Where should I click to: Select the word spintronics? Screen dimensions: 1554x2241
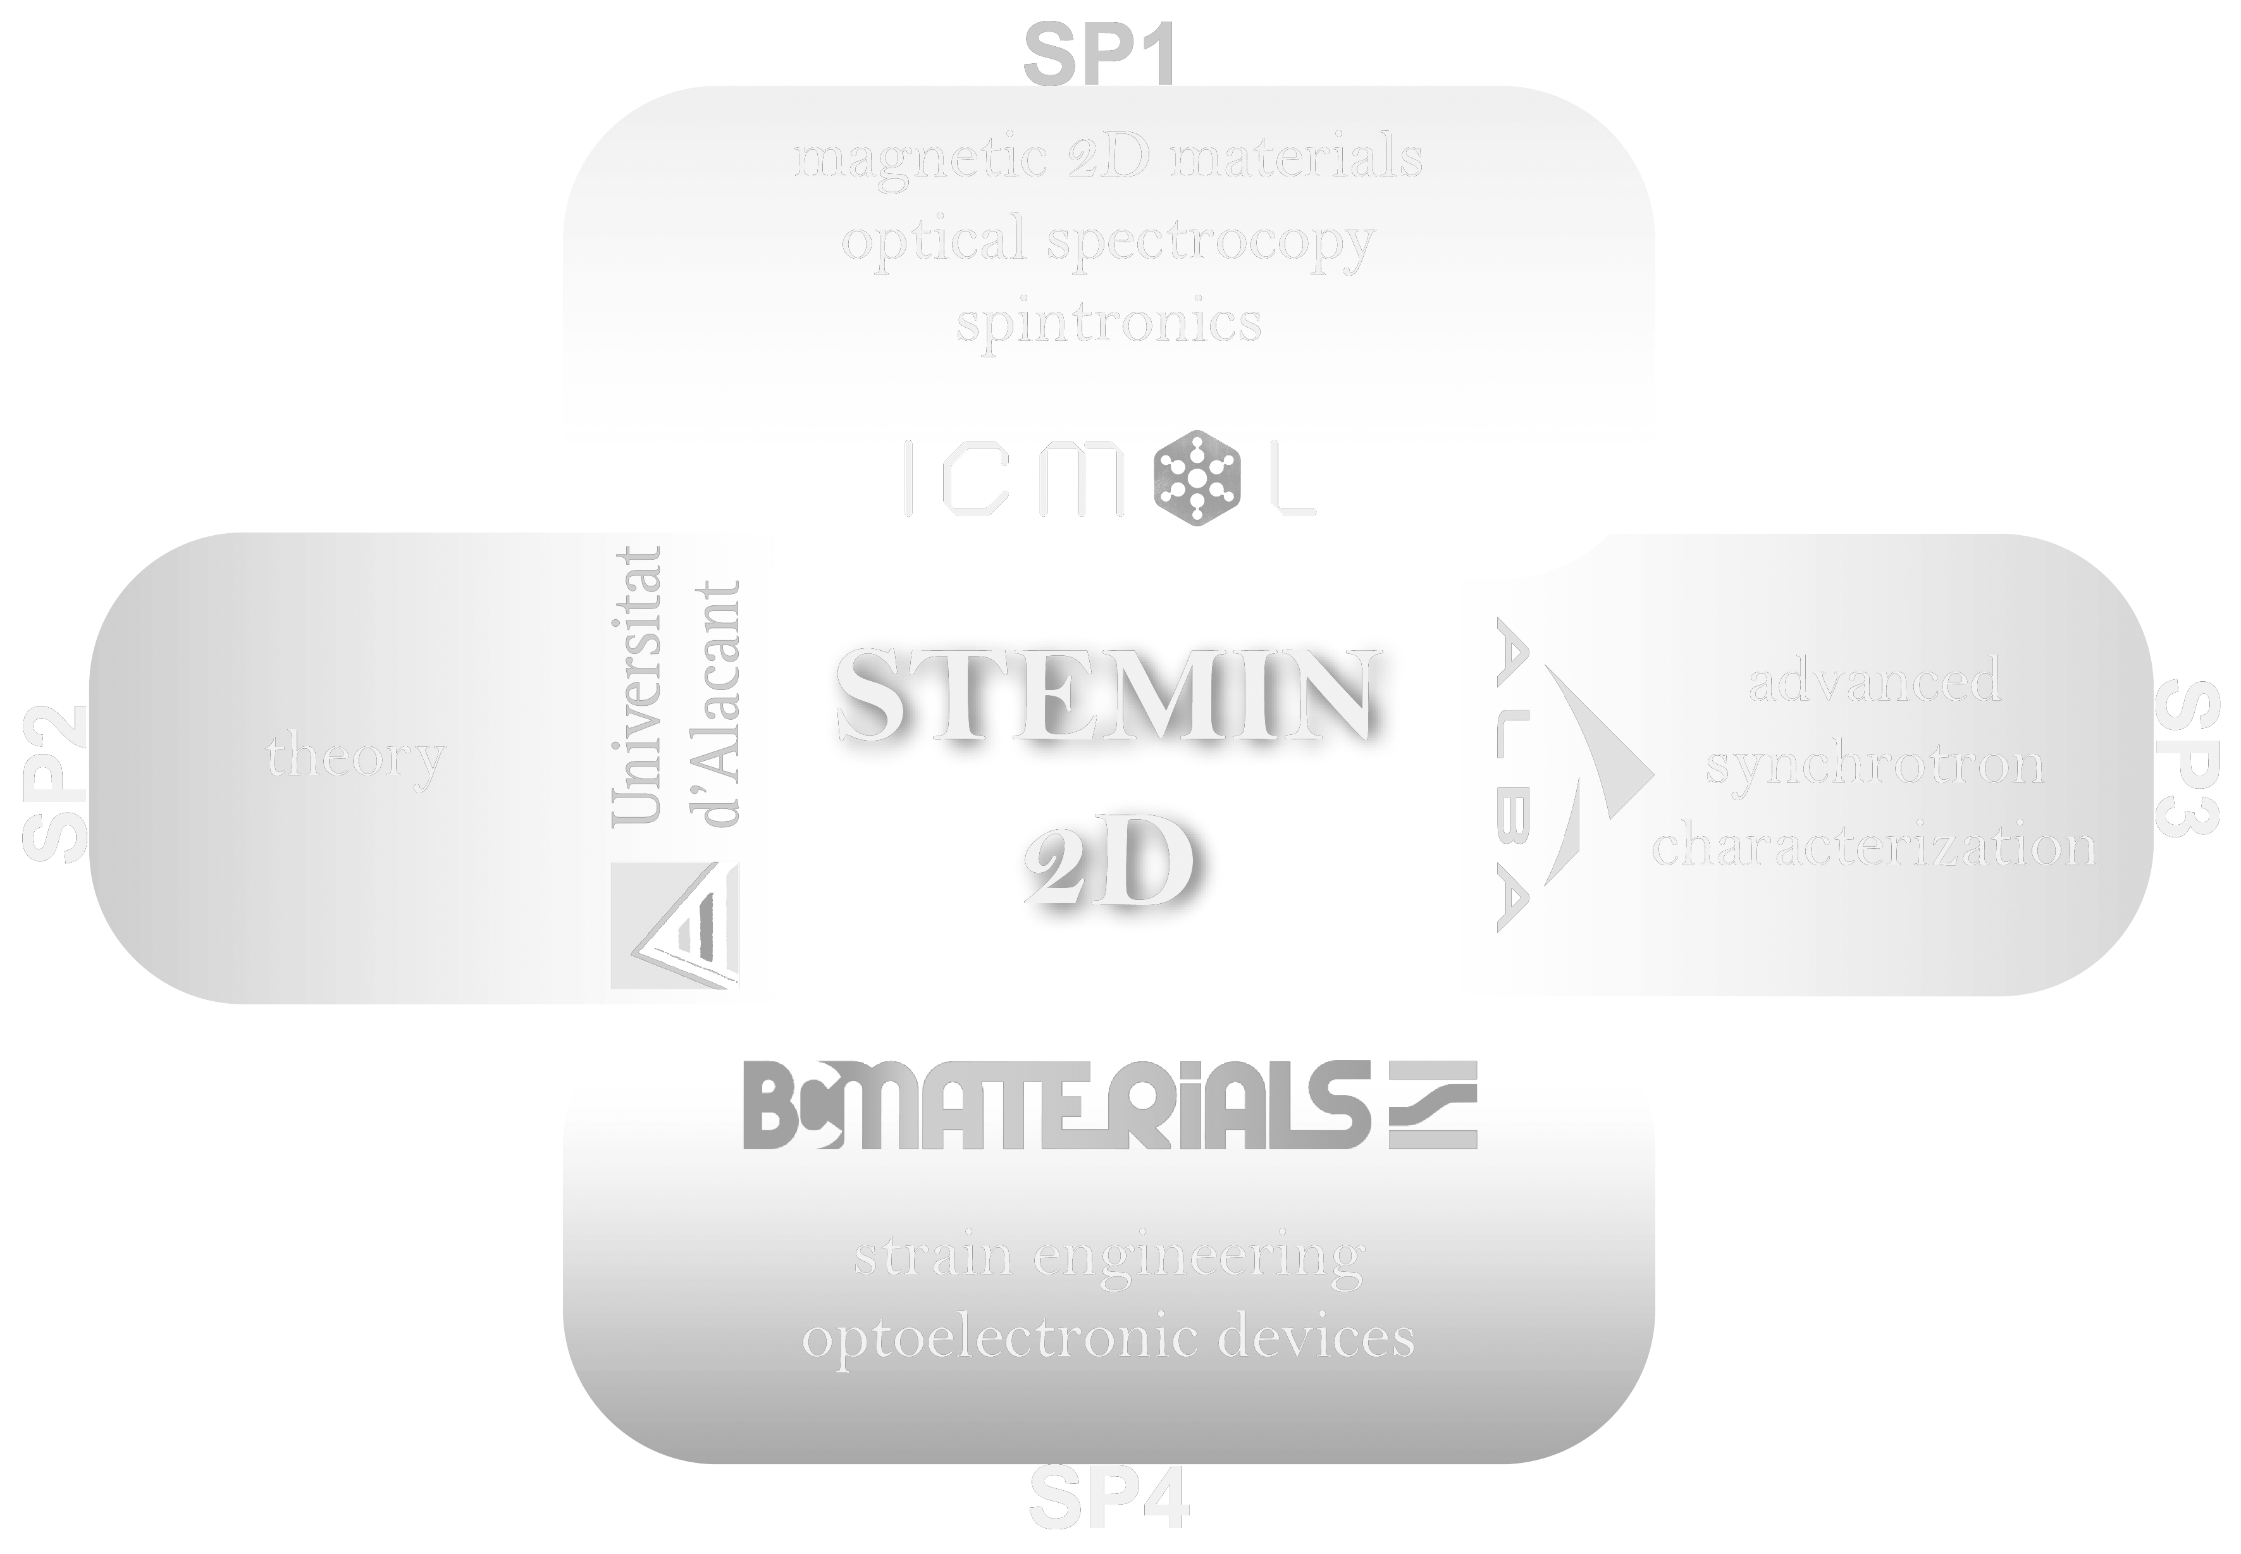[1108, 321]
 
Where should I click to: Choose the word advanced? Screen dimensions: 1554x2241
[1874, 681]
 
